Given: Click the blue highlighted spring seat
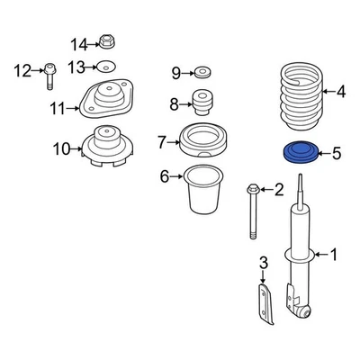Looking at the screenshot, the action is [300, 152].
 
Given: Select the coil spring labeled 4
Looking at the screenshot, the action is [301, 96].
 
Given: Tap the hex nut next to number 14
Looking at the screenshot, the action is [106, 42].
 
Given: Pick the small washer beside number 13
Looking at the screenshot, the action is [107, 67].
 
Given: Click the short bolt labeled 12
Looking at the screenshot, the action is [49, 76].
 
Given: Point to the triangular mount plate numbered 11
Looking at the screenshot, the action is [106, 98].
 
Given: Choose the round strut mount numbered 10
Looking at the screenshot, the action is [107, 146].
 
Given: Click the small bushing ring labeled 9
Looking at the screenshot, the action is [202, 72].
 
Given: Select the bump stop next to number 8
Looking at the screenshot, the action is [202, 102].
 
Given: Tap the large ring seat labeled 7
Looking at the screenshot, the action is [202, 140].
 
